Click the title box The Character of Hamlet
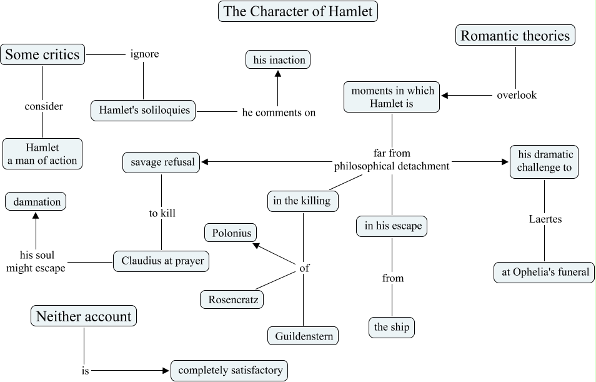click(298, 12)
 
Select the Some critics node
click(42, 54)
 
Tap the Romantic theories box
click(515, 36)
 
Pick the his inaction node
click(278, 60)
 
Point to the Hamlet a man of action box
click(42, 154)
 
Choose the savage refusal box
click(161, 163)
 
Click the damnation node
click(36, 202)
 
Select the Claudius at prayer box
click(161, 261)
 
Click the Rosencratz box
click(232, 299)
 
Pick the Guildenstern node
click(303, 336)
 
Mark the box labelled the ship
click(391, 327)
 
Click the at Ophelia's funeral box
click(544, 272)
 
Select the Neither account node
click(84, 316)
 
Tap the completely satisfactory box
click(230, 370)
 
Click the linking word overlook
click(517, 95)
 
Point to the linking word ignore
click(144, 54)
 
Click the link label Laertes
click(545, 219)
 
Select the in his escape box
click(392, 226)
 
